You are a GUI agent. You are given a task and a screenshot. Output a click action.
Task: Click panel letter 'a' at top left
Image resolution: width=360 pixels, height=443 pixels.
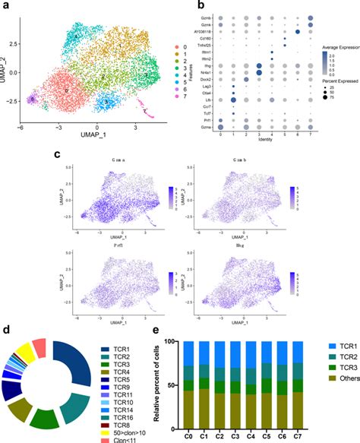pyautogui.click(x=6, y=7)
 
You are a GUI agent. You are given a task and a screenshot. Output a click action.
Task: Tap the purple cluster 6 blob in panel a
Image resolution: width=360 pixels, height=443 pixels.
pyautogui.click(x=32, y=99)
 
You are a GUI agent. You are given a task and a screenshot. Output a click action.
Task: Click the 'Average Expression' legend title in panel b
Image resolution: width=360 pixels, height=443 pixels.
pyautogui.click(x=338, y=46)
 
